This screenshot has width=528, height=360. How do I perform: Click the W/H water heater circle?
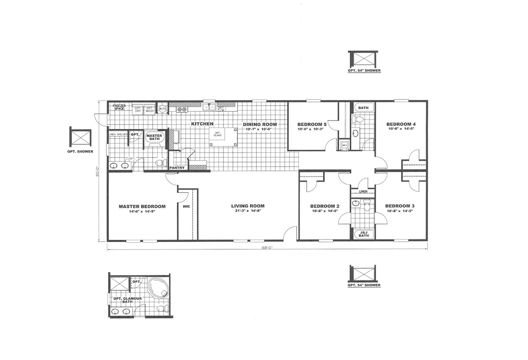pos(162,108)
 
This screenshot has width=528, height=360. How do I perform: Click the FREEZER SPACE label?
pos(119,107)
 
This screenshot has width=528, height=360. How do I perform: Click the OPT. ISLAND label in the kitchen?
pos(217,134)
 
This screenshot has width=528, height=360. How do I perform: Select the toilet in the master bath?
pos(159,163)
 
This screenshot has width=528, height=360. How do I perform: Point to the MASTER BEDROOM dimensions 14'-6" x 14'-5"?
pos(142,212)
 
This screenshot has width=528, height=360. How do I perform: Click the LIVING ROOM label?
pos(248,206)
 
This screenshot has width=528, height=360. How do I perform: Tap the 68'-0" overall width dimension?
pos(267,248)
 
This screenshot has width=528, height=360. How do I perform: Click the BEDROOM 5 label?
pos(312,124)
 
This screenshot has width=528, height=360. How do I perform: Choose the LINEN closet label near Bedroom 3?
pos(363,192)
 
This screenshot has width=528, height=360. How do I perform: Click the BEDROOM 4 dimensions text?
pos(402,129)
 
